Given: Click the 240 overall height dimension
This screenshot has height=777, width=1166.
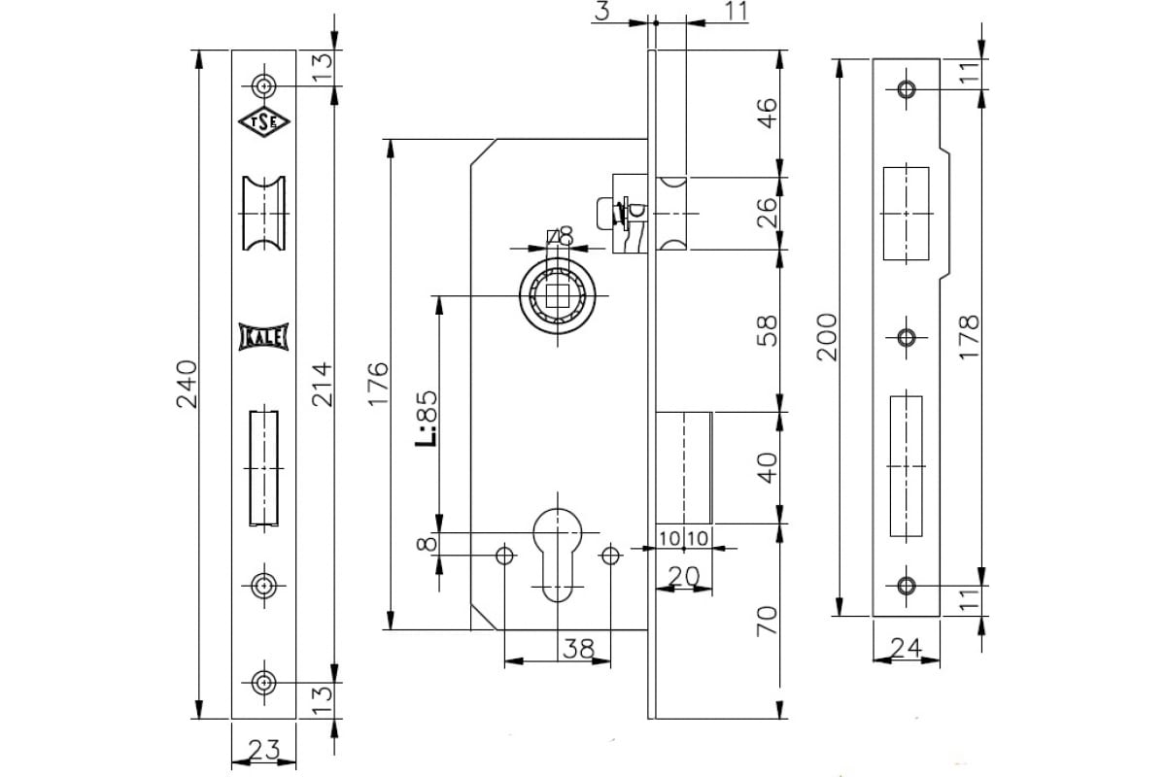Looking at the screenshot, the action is pos(187,384).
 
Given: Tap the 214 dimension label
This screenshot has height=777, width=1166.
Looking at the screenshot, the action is pos(322,384).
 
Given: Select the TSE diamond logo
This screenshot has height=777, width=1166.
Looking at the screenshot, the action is pos(264,121).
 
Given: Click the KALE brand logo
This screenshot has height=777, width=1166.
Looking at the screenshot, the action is pos(263,337).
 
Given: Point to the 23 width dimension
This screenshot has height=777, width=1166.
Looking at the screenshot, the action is pos(264,750).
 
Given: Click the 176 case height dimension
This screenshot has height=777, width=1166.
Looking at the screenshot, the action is pos(378,384).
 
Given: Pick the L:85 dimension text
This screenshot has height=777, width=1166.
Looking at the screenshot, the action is pos(427,419).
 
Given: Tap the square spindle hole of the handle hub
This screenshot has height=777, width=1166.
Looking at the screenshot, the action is pos(557,295).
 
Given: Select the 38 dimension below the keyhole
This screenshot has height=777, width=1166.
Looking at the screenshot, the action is pos(579,649).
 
